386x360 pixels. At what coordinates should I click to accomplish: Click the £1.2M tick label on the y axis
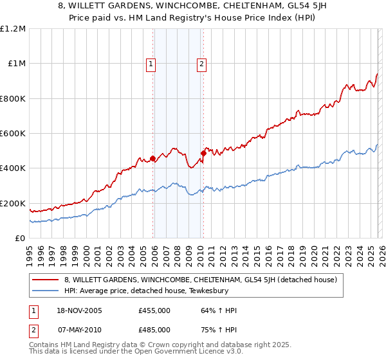[x=13, y=28]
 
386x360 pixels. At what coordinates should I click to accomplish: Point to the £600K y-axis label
[x=13, y=134]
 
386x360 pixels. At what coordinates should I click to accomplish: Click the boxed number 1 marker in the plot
[x=151, y=64]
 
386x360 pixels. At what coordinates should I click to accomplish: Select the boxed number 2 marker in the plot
[x=201, y=64]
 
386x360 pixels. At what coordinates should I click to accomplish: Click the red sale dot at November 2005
[x=152, y=158]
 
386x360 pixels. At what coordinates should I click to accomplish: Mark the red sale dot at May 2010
[x=203, y=153]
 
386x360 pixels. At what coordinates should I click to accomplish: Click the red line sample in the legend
[x=46, y=280]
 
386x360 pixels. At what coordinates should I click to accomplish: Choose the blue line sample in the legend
[x=46, y=291]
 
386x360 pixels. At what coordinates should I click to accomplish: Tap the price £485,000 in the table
[x=154, y=329]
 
